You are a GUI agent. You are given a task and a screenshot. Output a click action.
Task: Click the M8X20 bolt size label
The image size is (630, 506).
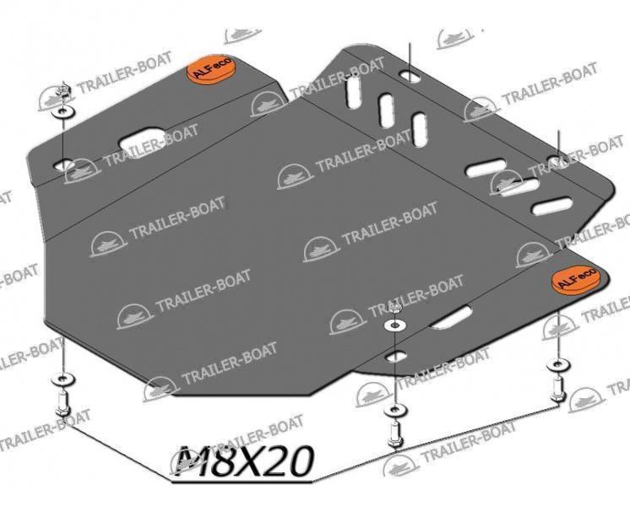pos(244,460)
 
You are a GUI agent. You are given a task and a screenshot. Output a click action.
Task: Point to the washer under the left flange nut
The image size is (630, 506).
pos(62,112)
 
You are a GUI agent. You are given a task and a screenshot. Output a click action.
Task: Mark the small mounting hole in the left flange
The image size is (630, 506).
pos(63,164)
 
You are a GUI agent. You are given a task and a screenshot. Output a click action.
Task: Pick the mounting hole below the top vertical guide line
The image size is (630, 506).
pos(410,75)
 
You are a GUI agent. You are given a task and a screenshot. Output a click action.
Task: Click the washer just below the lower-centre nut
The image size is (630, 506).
pos(394,326)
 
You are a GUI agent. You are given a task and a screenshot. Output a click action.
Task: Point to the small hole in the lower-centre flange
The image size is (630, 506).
pos(396,357)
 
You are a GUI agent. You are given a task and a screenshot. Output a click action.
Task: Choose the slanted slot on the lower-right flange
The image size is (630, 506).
pos(451,317)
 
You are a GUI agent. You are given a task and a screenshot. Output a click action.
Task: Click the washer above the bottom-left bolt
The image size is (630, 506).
pos(62,379)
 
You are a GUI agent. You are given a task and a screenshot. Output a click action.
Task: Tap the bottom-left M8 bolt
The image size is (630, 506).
pos(62,404)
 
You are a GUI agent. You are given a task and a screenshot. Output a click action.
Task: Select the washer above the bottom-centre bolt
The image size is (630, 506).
pos(396,411)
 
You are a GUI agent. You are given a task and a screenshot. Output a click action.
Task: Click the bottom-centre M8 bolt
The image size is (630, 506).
pos(394,435)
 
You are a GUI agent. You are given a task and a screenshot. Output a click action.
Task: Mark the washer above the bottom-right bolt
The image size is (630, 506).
pos(557,365)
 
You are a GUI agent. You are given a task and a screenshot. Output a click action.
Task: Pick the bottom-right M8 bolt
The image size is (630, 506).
pos(557,390)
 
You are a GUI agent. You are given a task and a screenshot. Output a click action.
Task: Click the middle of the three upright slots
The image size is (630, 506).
pos(387,110)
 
